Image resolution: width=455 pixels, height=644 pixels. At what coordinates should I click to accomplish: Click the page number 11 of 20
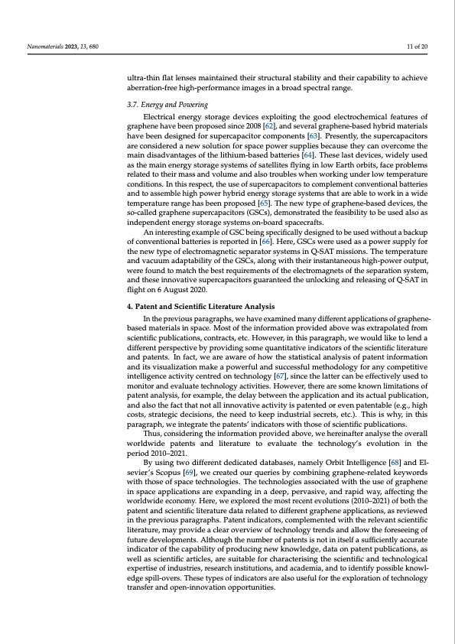[417, 47]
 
